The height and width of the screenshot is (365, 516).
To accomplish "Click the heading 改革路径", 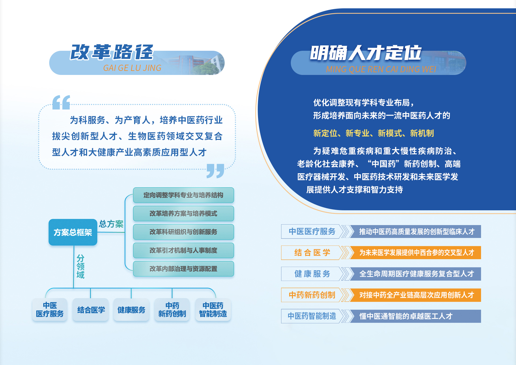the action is tap(112, 52).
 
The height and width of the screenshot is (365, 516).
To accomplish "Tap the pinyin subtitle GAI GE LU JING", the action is tap(132, 68).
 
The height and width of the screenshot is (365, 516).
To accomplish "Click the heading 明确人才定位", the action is tap(366, 53).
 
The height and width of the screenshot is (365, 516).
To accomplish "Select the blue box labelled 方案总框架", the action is tap(73, 232).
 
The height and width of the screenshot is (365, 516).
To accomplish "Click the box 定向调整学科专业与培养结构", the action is tap(184, 195).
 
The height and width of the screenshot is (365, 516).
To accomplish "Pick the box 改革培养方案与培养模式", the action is tap(184, 214).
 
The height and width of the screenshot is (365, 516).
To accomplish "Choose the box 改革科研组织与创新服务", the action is tap(184, 232).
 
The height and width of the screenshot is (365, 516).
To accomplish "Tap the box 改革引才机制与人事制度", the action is tap(184, 250).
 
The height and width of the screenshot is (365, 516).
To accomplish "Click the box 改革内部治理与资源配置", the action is tap(184, 269).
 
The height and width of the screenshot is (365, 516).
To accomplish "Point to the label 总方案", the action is tap(111, 224).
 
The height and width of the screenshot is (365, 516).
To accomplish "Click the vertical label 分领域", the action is tap(80, 267).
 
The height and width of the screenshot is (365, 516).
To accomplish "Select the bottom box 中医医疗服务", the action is tap(50, 310).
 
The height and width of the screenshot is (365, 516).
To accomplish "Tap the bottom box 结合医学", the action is tap(91, 310).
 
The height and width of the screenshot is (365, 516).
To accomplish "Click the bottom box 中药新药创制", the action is tap(172, 310).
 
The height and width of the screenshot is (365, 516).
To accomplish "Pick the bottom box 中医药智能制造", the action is tap(213, 310).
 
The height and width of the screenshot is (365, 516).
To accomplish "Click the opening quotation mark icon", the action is tap(61, 102).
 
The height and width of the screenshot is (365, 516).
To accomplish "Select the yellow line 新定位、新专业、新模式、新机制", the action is tap(374, 133).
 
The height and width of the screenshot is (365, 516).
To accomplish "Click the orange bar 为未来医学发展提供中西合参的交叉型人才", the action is tap(415, 252).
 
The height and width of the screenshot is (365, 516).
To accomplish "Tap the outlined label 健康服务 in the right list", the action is tap(312, 274).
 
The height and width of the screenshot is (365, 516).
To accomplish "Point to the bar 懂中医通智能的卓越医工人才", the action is tap(415, 316).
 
